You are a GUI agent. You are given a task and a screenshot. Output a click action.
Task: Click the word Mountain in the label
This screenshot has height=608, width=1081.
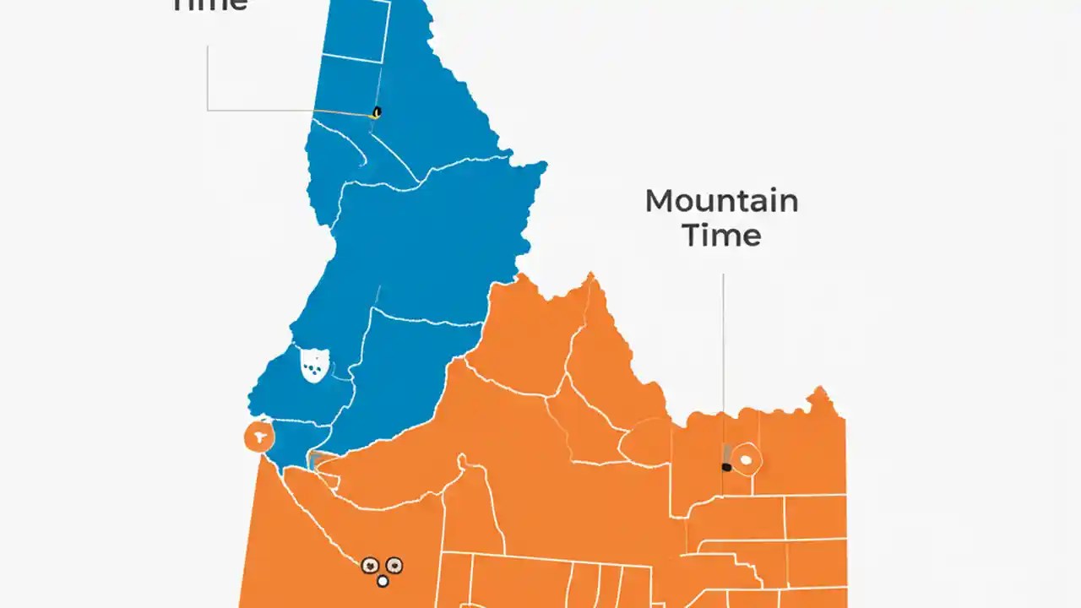(x=721, y=201)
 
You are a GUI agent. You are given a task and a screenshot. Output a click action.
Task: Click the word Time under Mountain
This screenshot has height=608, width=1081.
(x=721, y=235)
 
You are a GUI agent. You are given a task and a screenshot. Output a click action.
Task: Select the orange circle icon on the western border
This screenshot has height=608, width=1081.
(x=258, y=437)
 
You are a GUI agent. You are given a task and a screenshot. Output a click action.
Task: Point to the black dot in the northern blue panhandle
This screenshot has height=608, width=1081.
(x=377, y=111)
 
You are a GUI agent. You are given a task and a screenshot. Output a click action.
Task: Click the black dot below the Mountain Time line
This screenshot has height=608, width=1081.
(x=726, y=467)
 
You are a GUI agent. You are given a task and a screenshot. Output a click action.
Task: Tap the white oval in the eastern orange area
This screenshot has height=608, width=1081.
(x=746, y=460)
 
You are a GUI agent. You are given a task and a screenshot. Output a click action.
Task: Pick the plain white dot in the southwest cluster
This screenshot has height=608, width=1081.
(x=383, y=581)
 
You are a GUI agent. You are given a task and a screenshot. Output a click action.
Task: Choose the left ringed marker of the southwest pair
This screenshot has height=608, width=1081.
(x=369, y=566)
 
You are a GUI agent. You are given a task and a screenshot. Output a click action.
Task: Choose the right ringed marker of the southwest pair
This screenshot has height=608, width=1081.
(x=394, y=565)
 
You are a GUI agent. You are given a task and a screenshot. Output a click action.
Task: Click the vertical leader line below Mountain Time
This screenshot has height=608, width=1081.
(x=723, y=355)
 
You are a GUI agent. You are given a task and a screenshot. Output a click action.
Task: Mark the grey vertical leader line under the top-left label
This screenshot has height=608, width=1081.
(x=208, y=76)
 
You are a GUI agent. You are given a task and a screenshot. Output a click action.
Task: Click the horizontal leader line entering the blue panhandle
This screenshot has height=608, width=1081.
(x=287, y=110)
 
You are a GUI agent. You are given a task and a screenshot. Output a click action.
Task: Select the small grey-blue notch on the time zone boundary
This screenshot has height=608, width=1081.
(x=313, y=460)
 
